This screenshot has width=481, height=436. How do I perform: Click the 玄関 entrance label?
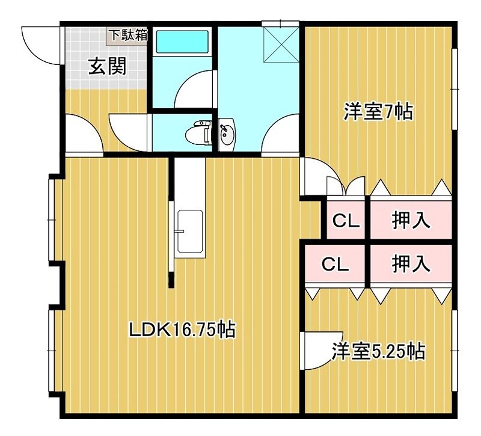[108, 66]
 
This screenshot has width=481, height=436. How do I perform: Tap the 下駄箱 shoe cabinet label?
[127, 34]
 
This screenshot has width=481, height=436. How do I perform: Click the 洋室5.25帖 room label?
[379, 351]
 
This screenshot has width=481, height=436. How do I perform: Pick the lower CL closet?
[334, 264]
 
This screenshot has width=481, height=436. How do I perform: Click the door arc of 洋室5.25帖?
[317, 352]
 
